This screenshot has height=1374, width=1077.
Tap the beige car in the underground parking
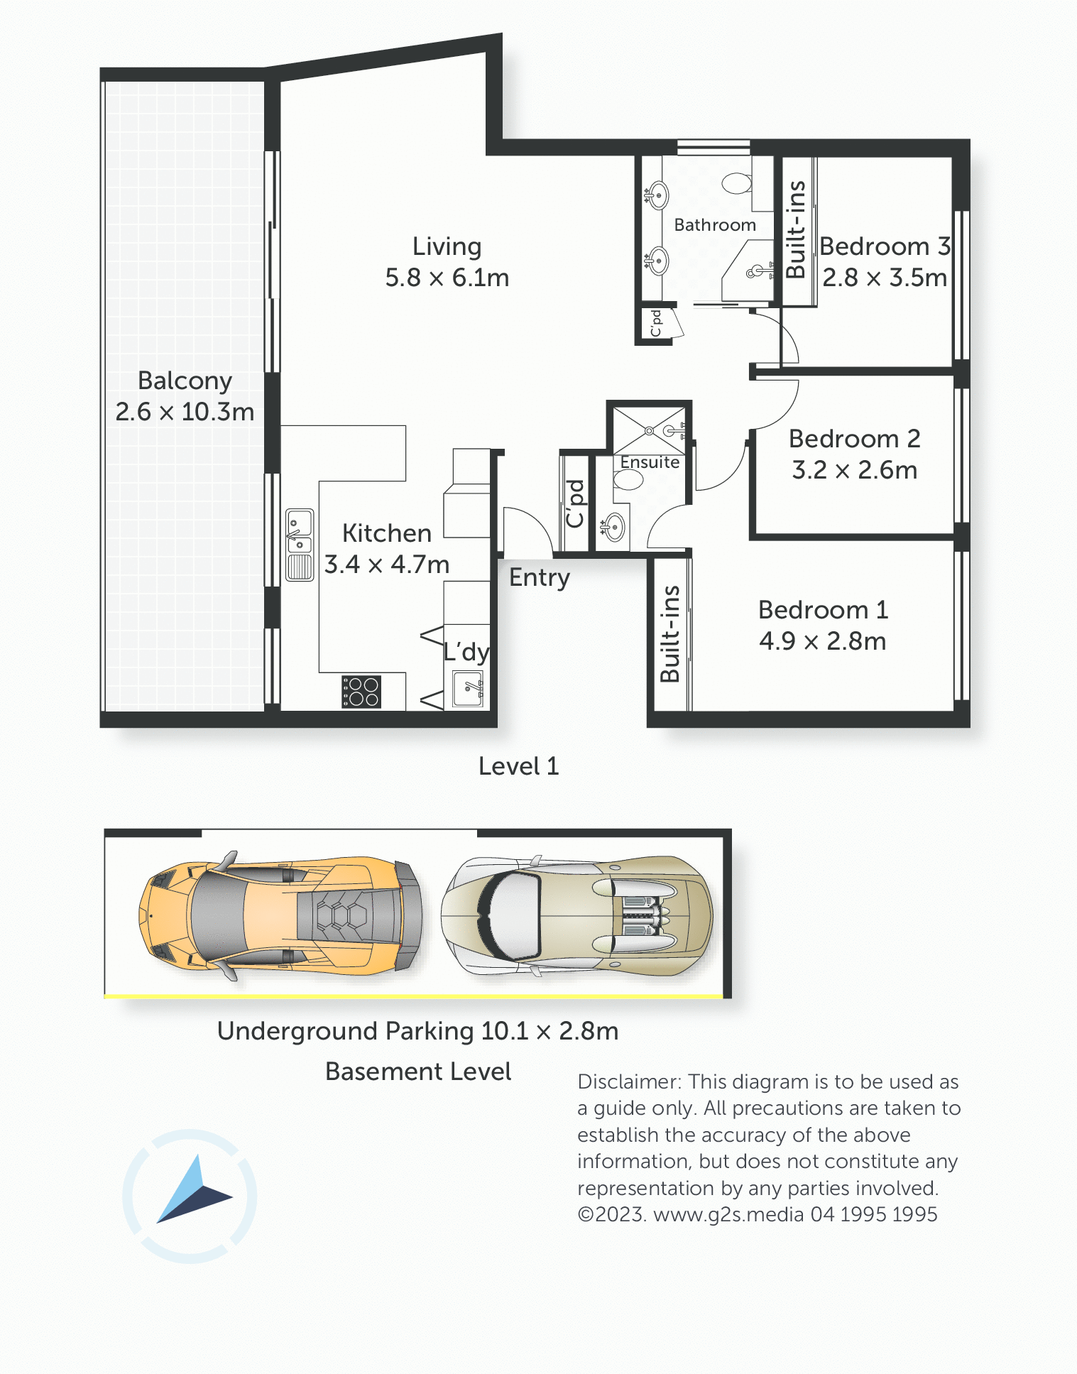click(576, 915)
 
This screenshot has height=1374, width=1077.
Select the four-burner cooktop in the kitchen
click(361, 692)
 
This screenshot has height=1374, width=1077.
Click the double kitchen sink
click(300, 545)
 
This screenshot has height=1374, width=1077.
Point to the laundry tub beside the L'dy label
click(468, 688)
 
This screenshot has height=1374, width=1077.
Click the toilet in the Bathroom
click(737, 183)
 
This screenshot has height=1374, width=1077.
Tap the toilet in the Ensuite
click(628, 480)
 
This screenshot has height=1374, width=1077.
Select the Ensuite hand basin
click(613, 528)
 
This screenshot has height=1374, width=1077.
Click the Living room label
click(447, 246)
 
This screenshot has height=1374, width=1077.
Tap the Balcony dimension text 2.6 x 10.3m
click(185, 412)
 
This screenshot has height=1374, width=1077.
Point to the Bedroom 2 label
click(855, 439)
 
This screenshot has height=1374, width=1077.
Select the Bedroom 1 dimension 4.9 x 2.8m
click(823, 641)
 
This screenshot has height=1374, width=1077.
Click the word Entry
click(540, 578)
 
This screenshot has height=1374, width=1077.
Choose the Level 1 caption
click(519, 766)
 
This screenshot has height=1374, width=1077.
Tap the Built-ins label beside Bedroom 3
click(797, 229)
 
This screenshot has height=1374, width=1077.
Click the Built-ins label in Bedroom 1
click(670, 634)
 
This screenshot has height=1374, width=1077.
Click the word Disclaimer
click(630, 1081)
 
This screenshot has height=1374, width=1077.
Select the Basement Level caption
click(418, 1072)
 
